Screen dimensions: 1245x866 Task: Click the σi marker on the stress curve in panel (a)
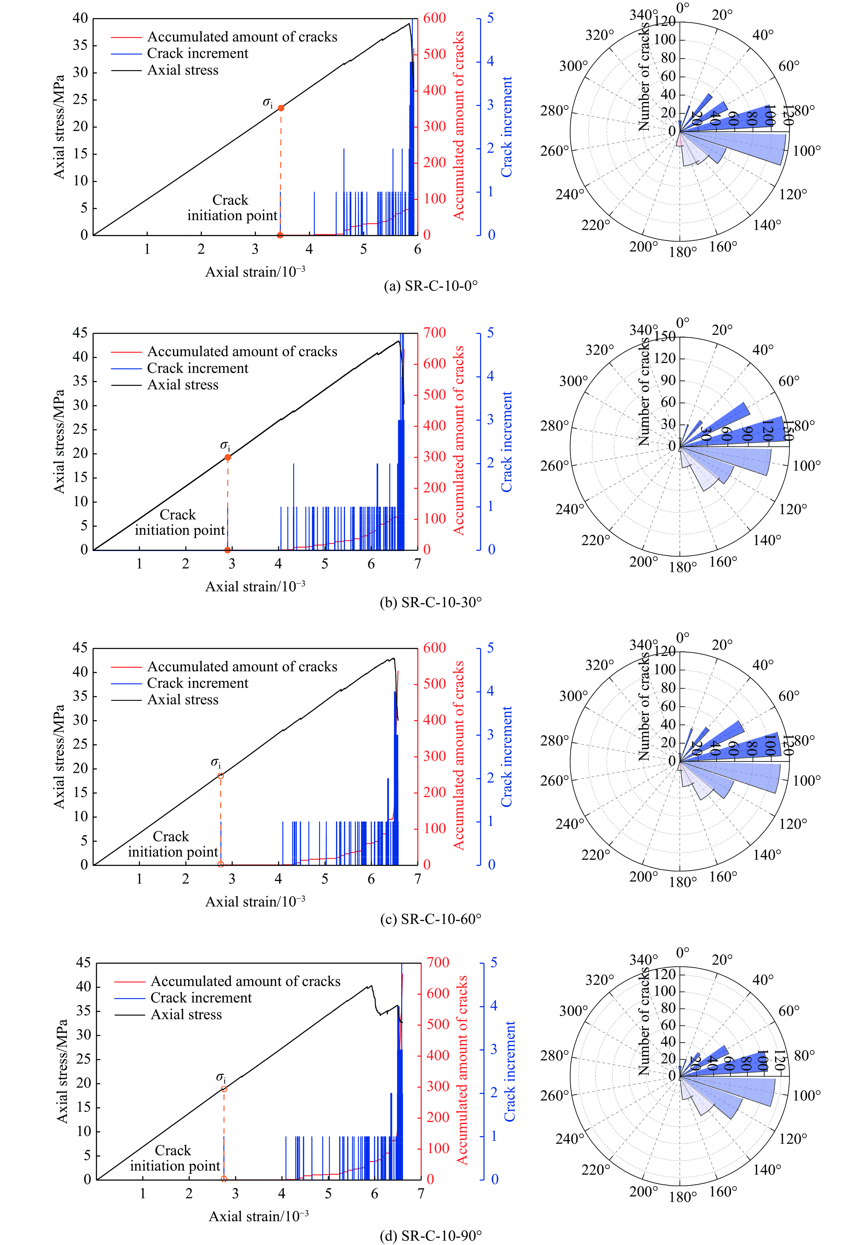(x=281, y=108)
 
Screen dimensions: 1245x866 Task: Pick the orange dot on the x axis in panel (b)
(x=228, y=550)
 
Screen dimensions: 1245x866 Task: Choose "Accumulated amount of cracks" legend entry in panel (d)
(x=245, y=981)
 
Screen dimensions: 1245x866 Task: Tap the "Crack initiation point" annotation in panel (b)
(x=179, y=523)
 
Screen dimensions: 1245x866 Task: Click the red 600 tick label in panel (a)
(x=434, y=18)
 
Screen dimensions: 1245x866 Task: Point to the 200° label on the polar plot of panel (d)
(x=643, y=1191)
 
